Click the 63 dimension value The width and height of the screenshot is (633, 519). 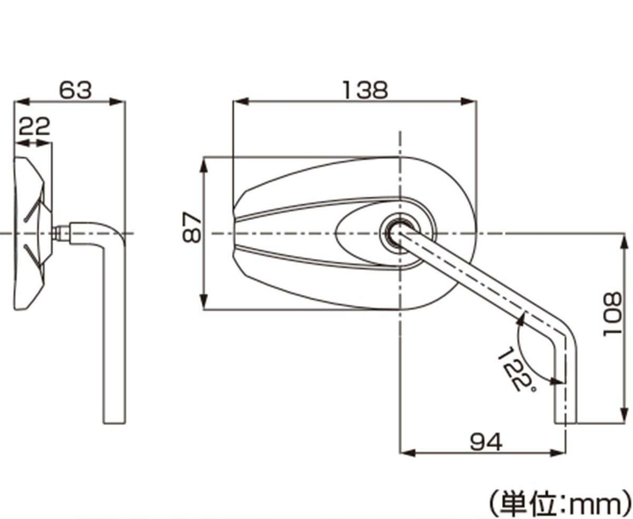pyautogui.click(x=75, y=90)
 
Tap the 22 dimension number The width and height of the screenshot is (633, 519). pyautogui.click(x=34, y=126)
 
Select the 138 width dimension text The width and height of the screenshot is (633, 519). pyautogui.click(x=365, y=90)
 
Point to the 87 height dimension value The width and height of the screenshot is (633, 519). pyautogui.click(x=192, y=227)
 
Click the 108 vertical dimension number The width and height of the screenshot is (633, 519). pyautogui.click(x=612, y=315)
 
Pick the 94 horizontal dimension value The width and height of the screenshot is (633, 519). pyautogui.click(x=486, y=442)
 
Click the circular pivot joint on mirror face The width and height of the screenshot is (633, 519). pyautogui.click(x=399, y=233)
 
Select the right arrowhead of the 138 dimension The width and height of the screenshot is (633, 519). pyautogui.click(x=469, y=101)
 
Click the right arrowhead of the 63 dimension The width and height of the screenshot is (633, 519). pyautogui.click(x=117, y=101)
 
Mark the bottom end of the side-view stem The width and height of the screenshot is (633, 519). pyautogui.click(x=114, y=423)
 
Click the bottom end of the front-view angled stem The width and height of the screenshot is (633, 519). pyautogui.click(x=565, y=423)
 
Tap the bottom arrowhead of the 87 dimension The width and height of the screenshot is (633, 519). pyautogui.click(x=204, y=301)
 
